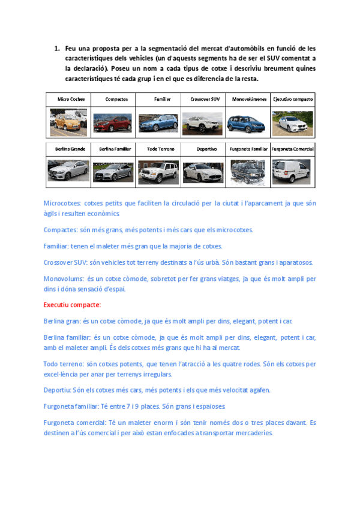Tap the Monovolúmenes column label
click(248, 99)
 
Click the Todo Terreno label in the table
click(160, 148)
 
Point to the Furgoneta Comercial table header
click(293, 148)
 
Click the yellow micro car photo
click(68, 122)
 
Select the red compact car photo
click(113, 122)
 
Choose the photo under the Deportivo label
click(203, 172)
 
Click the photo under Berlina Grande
click(68, 172)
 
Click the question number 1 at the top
click(57, 48)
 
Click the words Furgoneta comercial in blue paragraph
click(75, 423)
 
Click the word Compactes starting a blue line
click(62, 230)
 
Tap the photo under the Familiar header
click(158, 122)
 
